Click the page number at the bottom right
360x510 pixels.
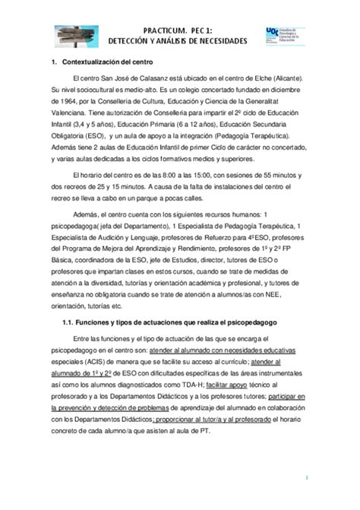click(x=306, y=477)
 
